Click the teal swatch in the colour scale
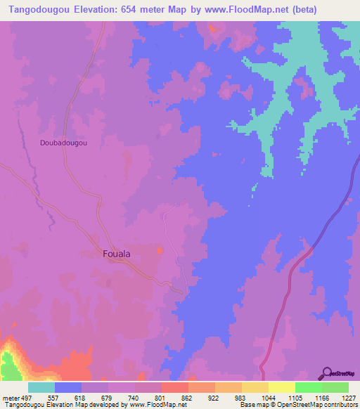pos(41,387)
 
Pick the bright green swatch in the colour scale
pos(308,387)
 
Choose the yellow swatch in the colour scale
pos(281,387)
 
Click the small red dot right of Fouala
pos(160,249)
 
